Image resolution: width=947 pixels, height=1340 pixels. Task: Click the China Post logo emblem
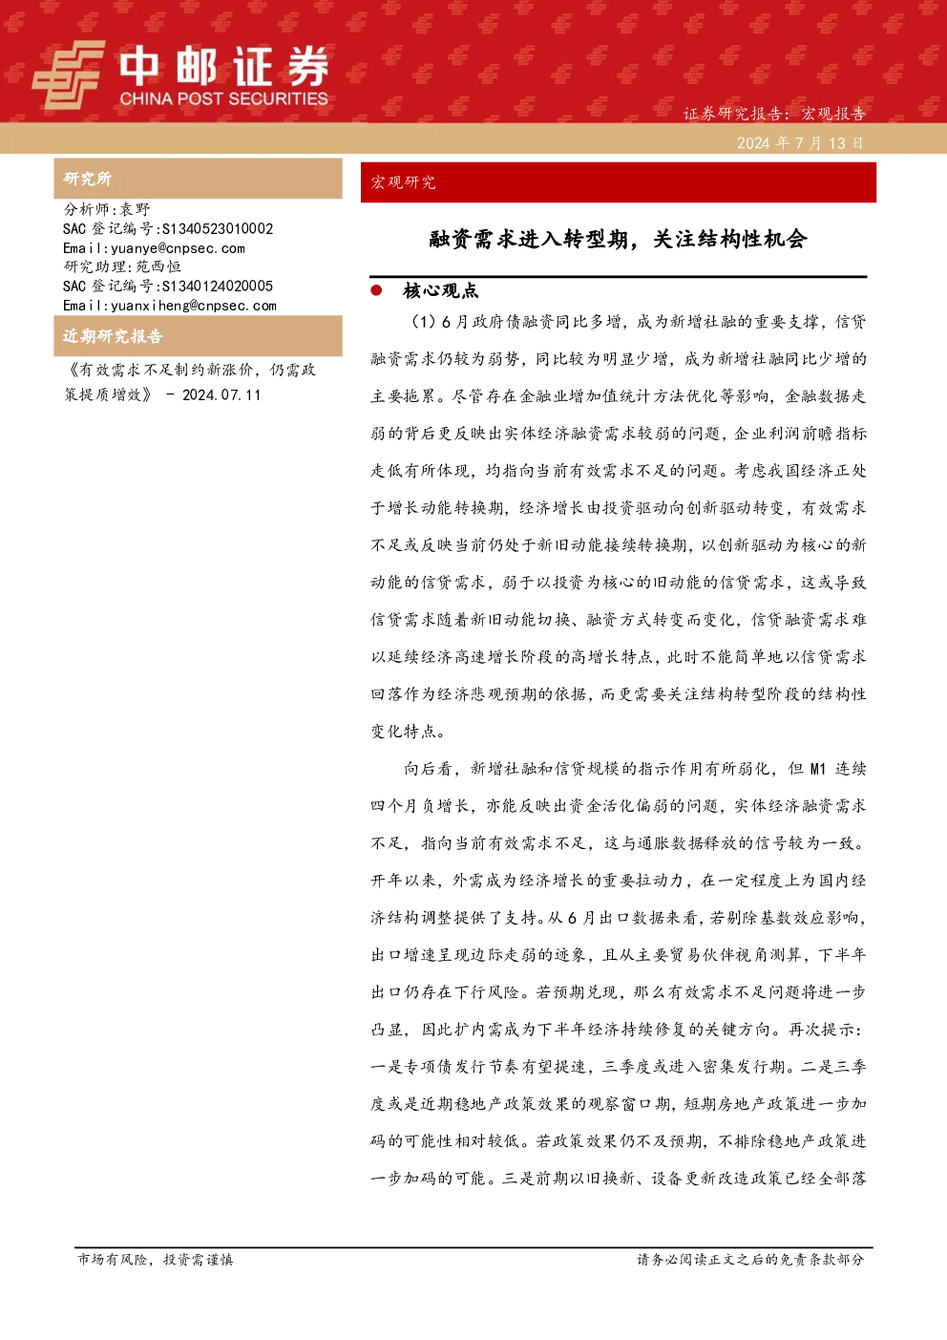point(68,74)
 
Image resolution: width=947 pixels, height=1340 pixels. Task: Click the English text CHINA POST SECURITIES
point(223,98)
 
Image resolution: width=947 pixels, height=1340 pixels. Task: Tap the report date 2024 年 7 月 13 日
point(800,143)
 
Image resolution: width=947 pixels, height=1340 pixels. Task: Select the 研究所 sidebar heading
point(87,179)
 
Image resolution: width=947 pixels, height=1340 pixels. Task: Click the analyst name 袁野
point(136,209)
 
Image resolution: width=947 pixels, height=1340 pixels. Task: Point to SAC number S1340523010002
point(218,228)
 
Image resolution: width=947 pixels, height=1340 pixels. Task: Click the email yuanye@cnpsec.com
point(179,248)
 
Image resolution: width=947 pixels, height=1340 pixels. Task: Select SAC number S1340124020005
point(218,286)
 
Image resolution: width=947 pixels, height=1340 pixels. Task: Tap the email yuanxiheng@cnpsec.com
point(194,306)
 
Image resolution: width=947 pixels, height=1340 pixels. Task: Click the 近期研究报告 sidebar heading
point(113,336)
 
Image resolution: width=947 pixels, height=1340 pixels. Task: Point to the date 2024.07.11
point(221,394)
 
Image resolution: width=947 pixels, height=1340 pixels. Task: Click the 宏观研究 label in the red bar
point(403,182)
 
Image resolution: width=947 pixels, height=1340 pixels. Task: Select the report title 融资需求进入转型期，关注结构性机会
point(619,240)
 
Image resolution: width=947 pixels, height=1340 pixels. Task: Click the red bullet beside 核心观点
point(376,290)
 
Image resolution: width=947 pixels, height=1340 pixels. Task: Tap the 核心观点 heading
point(440,290)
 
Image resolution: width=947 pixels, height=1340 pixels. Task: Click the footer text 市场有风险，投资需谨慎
point(156,1259)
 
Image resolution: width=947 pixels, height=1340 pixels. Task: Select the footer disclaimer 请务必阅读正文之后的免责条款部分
point(750,1259)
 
